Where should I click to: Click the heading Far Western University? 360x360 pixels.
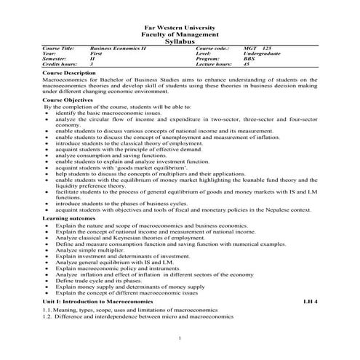(180, 27)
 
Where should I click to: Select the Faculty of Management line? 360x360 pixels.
(180, 34)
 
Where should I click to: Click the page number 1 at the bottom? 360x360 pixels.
(180, 339)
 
